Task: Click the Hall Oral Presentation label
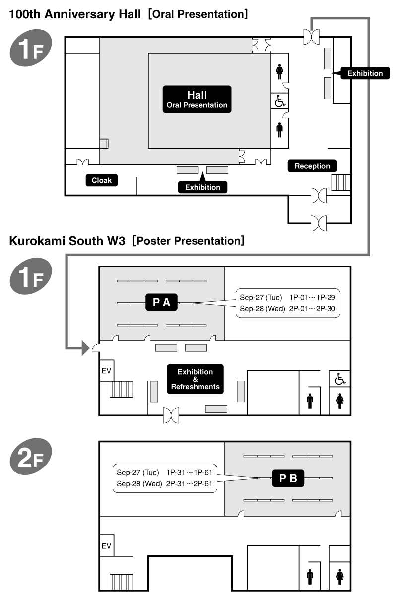(x=197, y=99)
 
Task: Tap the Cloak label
(x=102, y=180)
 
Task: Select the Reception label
(x=312, y=166)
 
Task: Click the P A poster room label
(x=161, y=302)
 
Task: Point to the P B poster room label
(x=288, y=478)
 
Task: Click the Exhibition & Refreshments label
(x=196, y=379)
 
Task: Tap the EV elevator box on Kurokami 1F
(x=107, y=370)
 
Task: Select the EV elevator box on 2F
(x=107, y=545)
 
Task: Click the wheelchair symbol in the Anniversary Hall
(x=280, y=101)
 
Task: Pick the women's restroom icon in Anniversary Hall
(x=280, y=71)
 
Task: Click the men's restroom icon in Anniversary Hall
(x=280, y=130)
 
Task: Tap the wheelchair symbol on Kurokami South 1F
(x=340, y=379)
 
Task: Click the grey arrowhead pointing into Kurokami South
(x=85, y=348)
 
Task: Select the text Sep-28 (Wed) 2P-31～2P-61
(x=164, y=484)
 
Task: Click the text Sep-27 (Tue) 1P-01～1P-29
(x=287, y=297)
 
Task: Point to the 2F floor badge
(x=30, y=456)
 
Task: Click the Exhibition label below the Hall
(x=202, y=187)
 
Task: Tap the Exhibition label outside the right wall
(x=365, y=73)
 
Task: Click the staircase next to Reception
(x=341, y=182)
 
